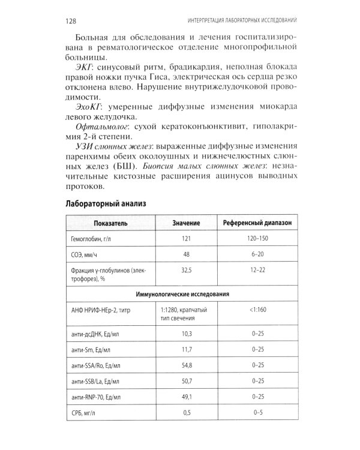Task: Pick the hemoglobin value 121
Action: (186, 239)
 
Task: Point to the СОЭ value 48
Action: (186, 255)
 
